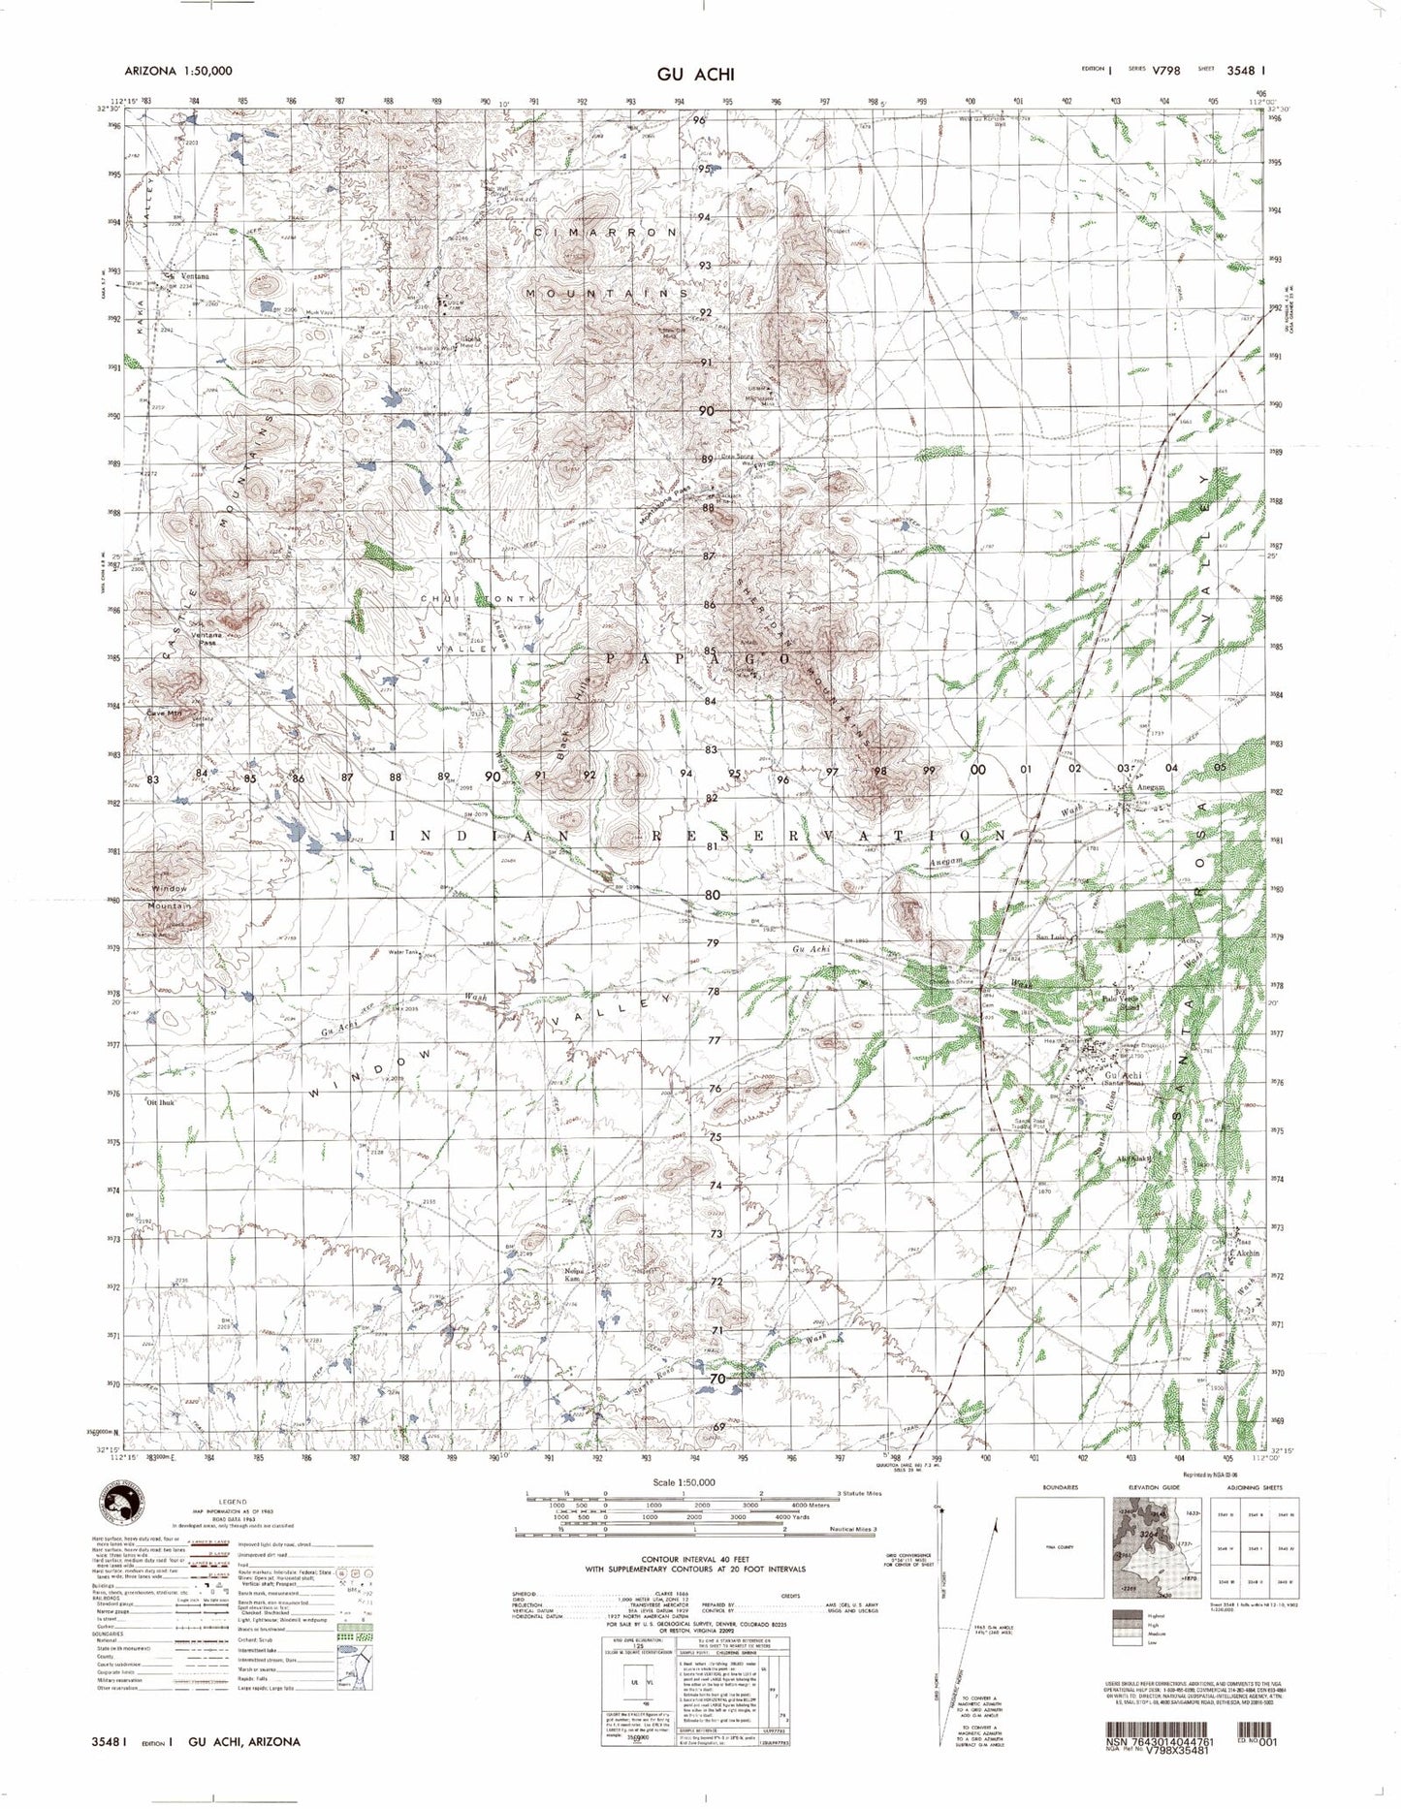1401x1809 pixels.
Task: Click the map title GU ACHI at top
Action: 695,75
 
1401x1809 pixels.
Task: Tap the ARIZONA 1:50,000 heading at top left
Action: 178,72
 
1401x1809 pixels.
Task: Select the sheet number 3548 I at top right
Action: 1246,70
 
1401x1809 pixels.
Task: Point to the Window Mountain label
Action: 170,897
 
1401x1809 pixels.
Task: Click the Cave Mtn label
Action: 164,714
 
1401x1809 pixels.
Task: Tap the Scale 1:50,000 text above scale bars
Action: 684,1482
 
